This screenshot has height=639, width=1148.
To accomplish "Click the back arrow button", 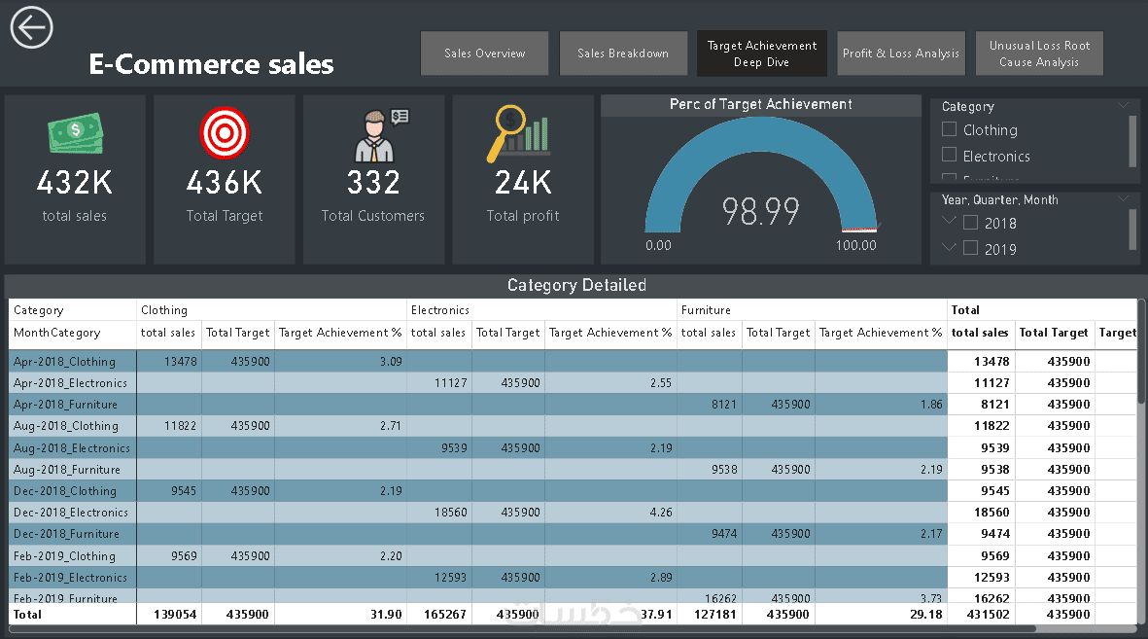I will (x=31, y=27).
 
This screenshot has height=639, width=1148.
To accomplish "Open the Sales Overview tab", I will (x=484, y=53).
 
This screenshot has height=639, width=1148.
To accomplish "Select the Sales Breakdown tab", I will (x=623, y=53).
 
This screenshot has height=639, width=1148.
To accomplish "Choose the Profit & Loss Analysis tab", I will (x=901, y=53).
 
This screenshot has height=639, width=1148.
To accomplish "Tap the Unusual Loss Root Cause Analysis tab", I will (x=1039, y=53).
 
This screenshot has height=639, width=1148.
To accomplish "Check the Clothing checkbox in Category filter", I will (x=950, y=129).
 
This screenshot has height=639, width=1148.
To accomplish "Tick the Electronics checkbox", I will (x=950, y=155).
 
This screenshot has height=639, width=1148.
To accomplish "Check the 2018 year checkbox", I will (x=970, y=223).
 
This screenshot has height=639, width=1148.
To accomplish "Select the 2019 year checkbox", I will (x=970, y=248).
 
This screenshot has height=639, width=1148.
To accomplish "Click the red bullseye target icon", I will (x=225, y=132).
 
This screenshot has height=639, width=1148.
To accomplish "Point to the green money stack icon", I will (x=75, y=133).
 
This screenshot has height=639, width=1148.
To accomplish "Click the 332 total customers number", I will (x=373, y=182).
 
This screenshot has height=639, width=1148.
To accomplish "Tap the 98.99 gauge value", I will (x=760, y=211).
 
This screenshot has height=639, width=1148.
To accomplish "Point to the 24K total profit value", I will (x=523, y=182).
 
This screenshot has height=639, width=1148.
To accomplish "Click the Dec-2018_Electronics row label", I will (x=71, y=513).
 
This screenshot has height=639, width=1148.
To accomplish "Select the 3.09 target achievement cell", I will (x=390, y=362).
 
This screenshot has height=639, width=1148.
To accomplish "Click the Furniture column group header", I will (x=706, y=310).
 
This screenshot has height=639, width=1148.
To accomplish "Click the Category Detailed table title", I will (x=576, y=285).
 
